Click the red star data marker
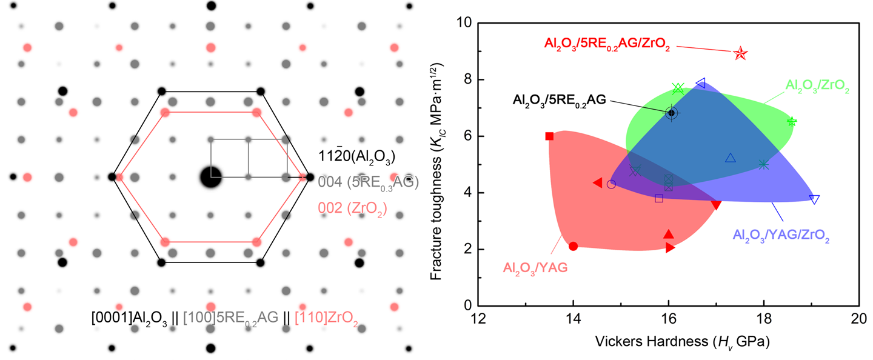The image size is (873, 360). coord(740,54)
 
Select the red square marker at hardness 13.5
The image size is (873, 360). coord(549,136)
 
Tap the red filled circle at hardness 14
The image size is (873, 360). coord(573,245)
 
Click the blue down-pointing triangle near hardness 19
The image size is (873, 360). coord(814,199)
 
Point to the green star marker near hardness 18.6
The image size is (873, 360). coord(792,122)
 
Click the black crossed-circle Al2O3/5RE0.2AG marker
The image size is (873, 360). coord(671,113)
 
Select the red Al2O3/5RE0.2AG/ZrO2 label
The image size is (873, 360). coord(607,44)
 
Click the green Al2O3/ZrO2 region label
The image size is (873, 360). coord(817,88)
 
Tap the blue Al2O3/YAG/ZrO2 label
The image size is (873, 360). coord(780,235)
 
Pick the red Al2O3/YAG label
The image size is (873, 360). coord(535,267)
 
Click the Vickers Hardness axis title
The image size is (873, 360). coord(667,343)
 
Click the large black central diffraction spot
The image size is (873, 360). coord(210,178)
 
